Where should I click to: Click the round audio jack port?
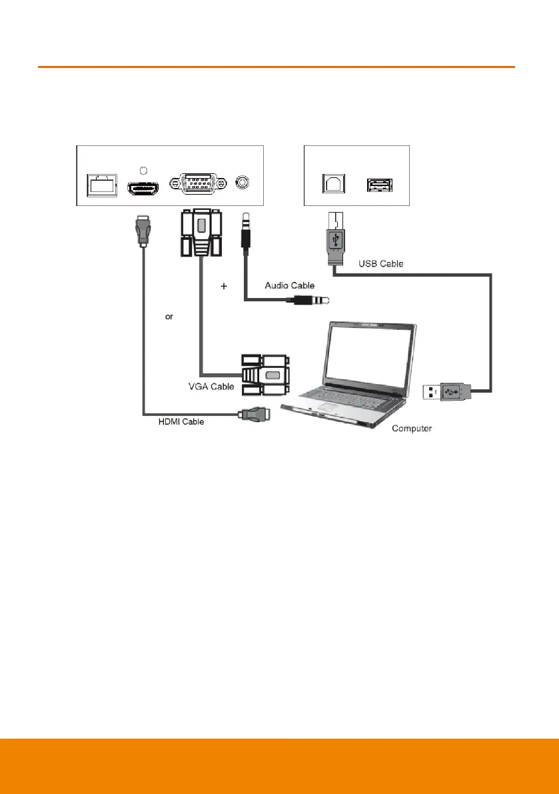tap(246, 182)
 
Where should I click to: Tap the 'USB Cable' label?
tap(380, 263)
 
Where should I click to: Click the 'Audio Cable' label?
tap(289, 285)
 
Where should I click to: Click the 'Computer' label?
tap(412, 428)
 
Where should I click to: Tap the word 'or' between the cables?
tap(169, 317)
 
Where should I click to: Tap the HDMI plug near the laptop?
tap(255, 414)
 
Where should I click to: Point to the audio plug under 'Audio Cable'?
tap(312, 301)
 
